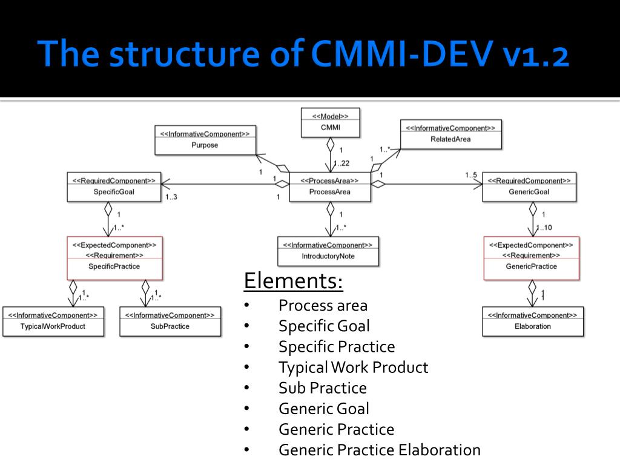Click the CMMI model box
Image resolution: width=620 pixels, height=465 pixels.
pyautogui.click(x=330, y=122)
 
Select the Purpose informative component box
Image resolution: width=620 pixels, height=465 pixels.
pyautogui.click(x=205, y=139)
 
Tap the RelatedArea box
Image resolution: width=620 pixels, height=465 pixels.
pyautogui.click(x=450, y=134)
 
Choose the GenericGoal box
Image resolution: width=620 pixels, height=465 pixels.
pyautogui.click(x=529, y=186)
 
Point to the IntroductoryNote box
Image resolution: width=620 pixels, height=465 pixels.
pyautogui.click(x=328, y=251)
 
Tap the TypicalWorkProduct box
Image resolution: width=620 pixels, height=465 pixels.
pyautogui.click(x=53, y=321)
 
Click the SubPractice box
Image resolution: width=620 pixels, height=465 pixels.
pyautogui.click(x=170, y=321)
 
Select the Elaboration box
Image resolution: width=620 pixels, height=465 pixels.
pyautogui.click(x=533, y=321)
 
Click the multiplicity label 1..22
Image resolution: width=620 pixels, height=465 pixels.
pyautogui.click(x=341, y=163)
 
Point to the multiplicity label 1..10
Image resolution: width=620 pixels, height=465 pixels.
pyautogui.click(x=544, y=228)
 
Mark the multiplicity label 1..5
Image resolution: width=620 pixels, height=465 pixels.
pyautogui.click(x=471, y=175)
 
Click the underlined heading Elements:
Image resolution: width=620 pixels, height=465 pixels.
pyautogui.click(x=293, y=281)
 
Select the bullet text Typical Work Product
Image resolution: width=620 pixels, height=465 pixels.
pyautogui.click(x=353, y=368)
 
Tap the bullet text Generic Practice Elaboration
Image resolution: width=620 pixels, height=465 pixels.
pyautogui.click(x=380, y=450)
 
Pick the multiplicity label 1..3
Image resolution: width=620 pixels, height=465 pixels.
pyautogui.click(x=171, y=197)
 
